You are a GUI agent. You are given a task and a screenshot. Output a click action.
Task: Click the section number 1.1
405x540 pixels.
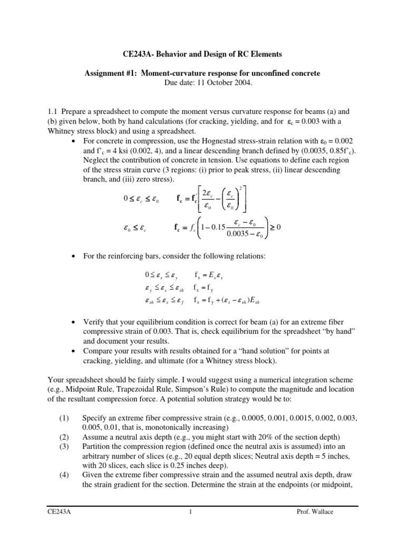(x=53, y=112)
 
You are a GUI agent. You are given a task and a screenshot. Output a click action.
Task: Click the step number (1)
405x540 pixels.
(x=64, y=418)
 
